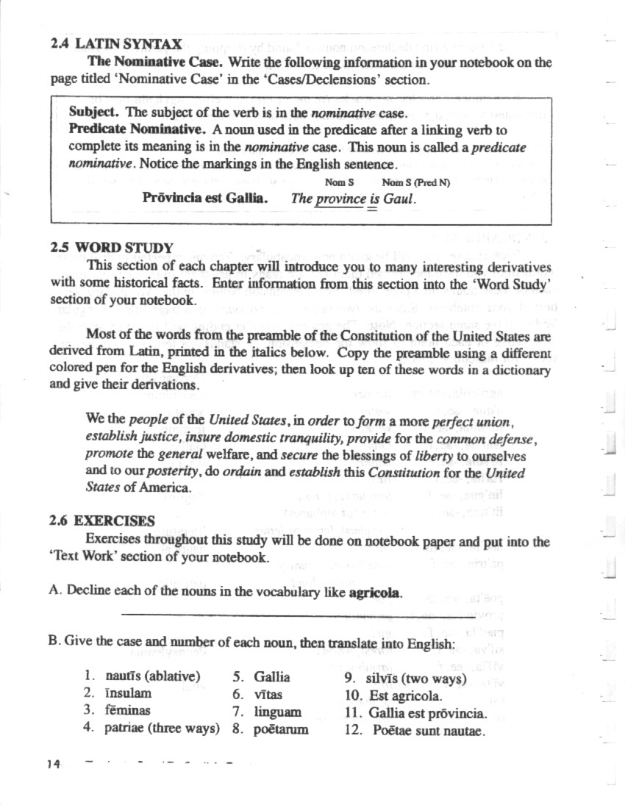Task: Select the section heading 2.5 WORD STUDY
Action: [113, 248]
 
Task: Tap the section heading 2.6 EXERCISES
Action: [102, 521]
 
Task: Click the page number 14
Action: [53, 764]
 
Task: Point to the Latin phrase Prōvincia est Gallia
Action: [205, 198]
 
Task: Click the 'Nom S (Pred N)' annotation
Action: [416, 181]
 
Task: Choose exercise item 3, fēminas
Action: [128, 710]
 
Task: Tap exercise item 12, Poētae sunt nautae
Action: [429, 730]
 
